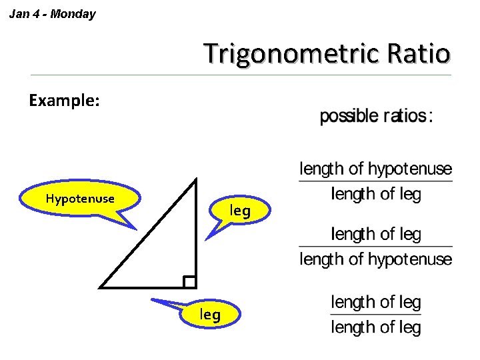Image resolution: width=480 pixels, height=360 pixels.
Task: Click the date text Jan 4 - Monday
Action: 52,13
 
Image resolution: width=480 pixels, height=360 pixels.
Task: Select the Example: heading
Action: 64,101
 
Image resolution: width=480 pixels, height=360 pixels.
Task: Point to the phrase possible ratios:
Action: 377,116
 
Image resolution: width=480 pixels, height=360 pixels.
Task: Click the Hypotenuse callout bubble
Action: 80,199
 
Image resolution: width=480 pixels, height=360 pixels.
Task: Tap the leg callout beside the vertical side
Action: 240,211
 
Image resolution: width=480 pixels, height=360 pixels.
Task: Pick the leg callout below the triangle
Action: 210,314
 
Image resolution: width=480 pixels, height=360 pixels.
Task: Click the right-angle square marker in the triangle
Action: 189,282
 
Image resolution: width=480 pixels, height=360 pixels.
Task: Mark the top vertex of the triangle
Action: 196,179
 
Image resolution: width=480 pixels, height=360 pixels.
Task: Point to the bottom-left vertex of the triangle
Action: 101,287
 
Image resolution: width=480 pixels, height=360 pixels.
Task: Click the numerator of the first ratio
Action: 376,169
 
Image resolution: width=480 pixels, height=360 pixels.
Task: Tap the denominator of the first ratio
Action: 376,194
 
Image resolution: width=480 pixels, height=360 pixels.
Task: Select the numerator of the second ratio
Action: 376,234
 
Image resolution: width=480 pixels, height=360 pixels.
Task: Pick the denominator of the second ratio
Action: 376,259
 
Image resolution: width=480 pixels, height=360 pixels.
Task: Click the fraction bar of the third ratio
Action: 376,314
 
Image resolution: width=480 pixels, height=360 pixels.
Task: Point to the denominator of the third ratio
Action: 376,327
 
